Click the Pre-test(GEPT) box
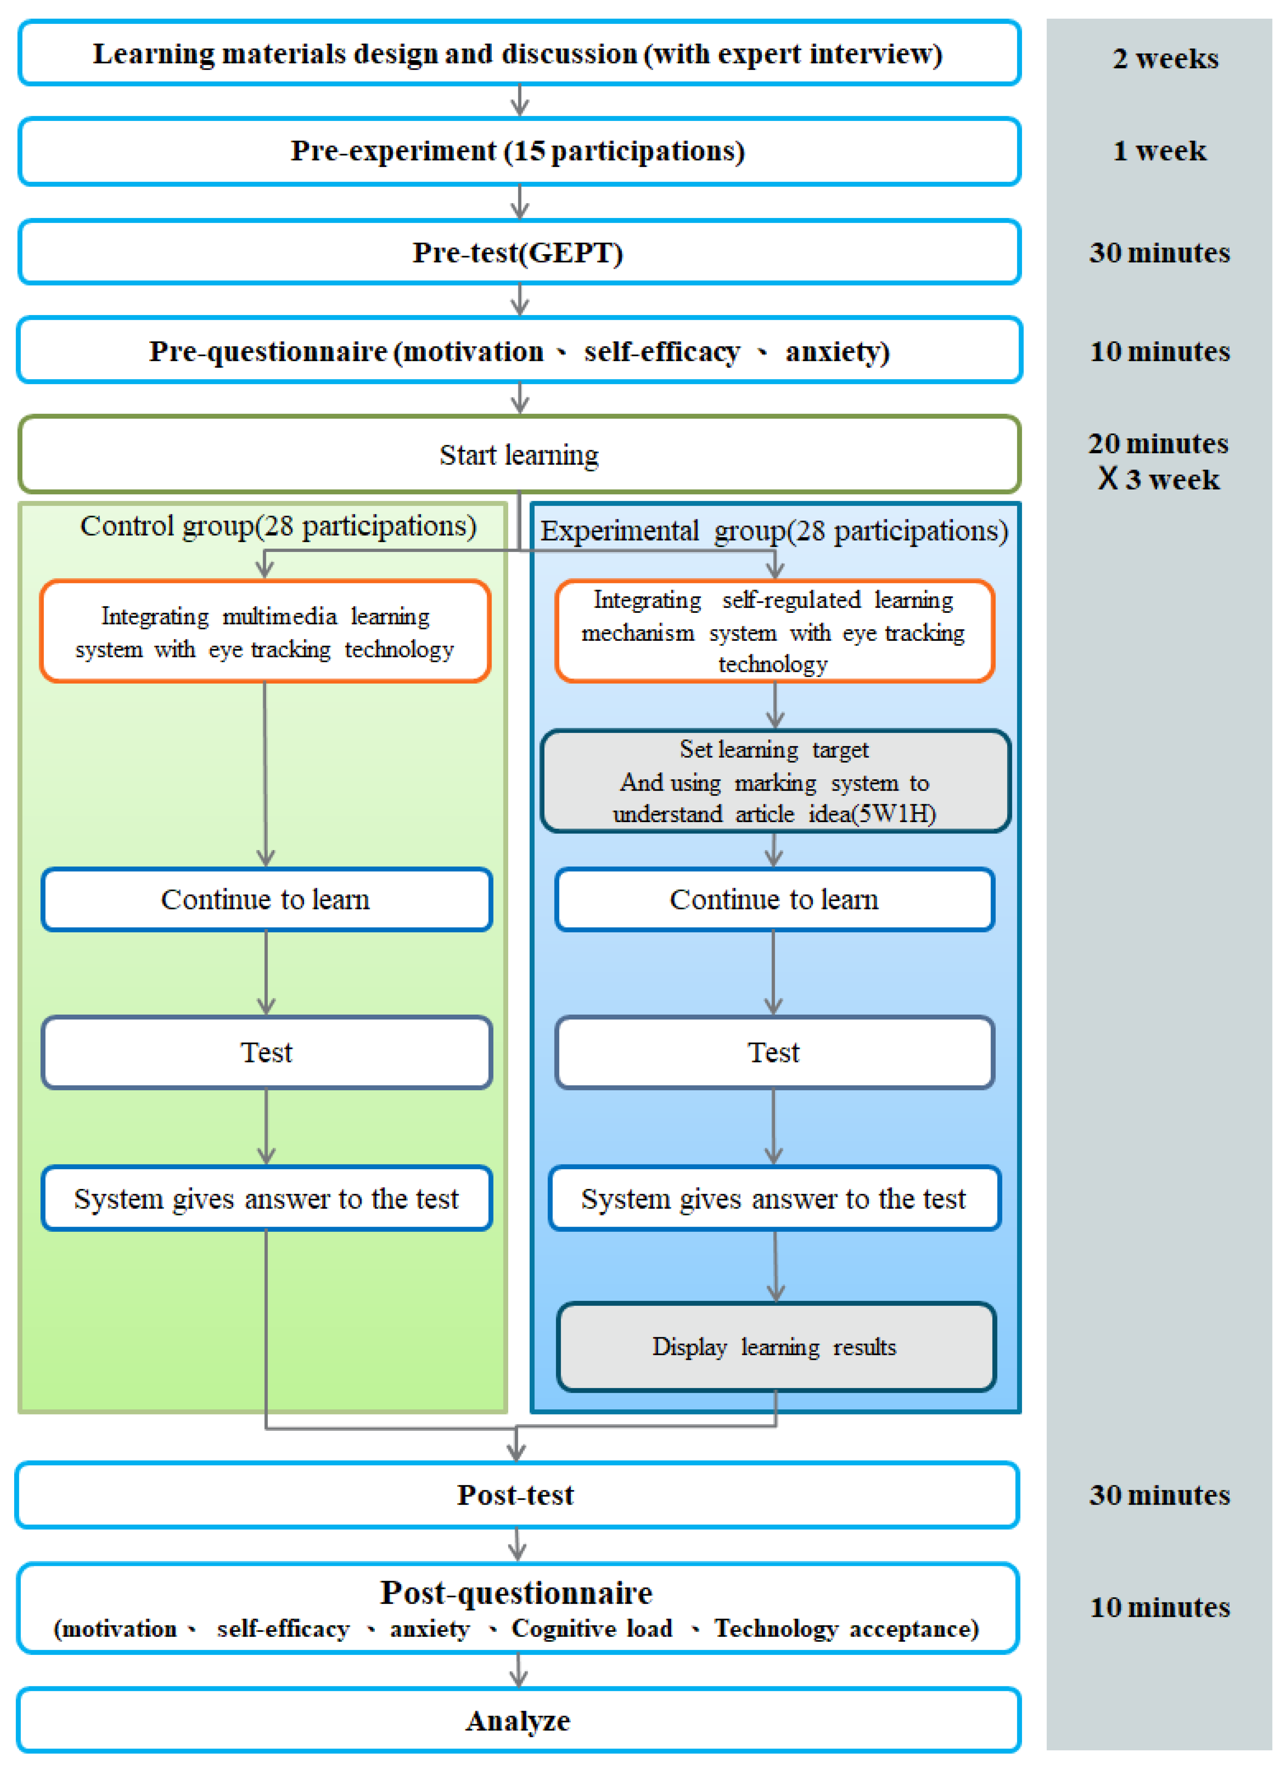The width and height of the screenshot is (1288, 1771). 519,252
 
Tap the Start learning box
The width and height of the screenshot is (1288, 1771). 519,455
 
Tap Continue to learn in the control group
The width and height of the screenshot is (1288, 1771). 266,899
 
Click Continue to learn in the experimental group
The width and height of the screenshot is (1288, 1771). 774,899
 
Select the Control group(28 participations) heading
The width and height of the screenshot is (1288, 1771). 278,526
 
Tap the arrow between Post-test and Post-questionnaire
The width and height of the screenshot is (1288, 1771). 517,1544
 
